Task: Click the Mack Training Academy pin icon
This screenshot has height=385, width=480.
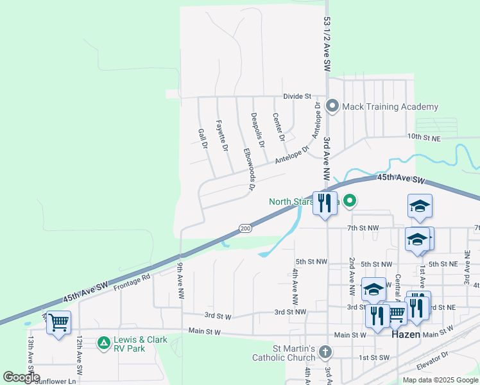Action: click(x=332, y=106)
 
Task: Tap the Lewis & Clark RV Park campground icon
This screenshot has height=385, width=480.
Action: click(x=103, y=343)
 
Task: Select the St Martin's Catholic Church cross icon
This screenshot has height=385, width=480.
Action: click(x=326, y=352)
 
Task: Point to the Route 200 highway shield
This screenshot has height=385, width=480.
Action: click(x=245, y=228)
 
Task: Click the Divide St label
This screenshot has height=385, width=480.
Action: click(x=297, y=96)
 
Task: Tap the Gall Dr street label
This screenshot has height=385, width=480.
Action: click(x=203, y=139)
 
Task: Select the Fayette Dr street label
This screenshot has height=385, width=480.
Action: click(x=222, y=136)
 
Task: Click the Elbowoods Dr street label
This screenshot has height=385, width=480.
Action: click(x=248, y=169)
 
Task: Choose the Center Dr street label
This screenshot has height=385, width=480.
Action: click(x=278, y=127)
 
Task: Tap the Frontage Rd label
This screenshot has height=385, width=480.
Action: click(x=132, y=282)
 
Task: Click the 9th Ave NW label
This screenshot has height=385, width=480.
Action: click(x=180, y=286)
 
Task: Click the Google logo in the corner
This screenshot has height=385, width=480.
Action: click(x=21, y=377)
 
